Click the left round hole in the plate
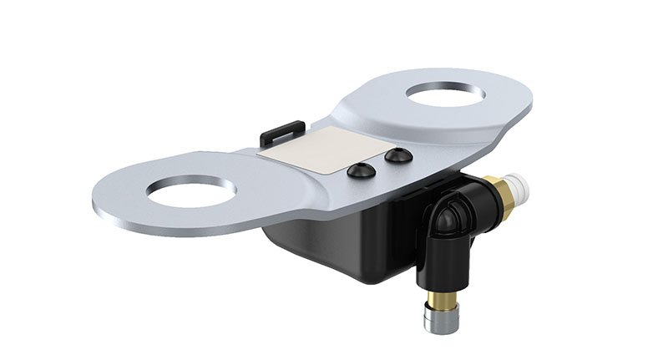[190, 192]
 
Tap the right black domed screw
[398, 155]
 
